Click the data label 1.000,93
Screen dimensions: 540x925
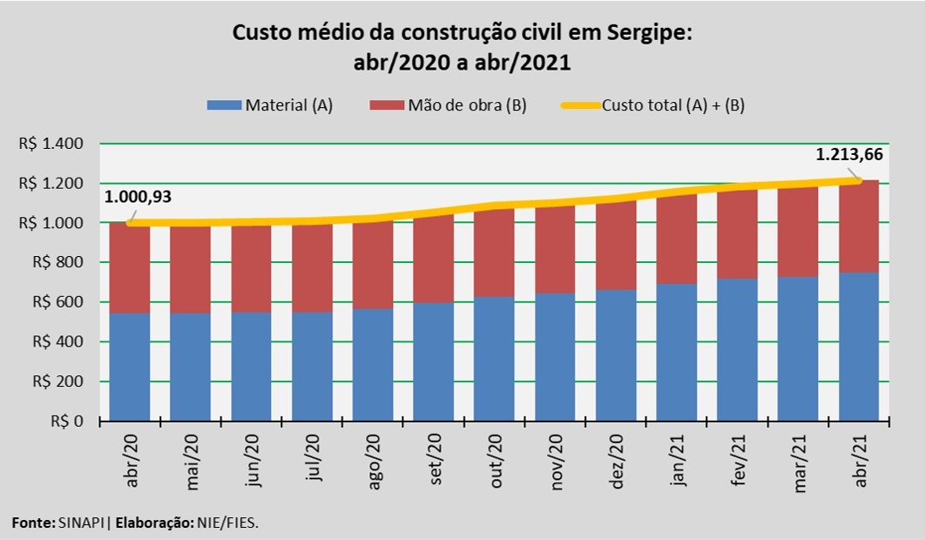(x=138, y=197)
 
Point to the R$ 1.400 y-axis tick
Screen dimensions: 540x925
(x=50, y=144)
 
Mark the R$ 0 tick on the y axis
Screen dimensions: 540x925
(x=67, y=422)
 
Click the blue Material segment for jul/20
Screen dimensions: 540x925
(x=312, y=366)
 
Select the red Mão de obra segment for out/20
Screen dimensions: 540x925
(x=494, y=253)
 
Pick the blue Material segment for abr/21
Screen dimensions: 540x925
(x=858, y=347)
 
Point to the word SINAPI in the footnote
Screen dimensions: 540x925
(x=82, y=523)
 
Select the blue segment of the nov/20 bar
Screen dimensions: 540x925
(x=555, y=357)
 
